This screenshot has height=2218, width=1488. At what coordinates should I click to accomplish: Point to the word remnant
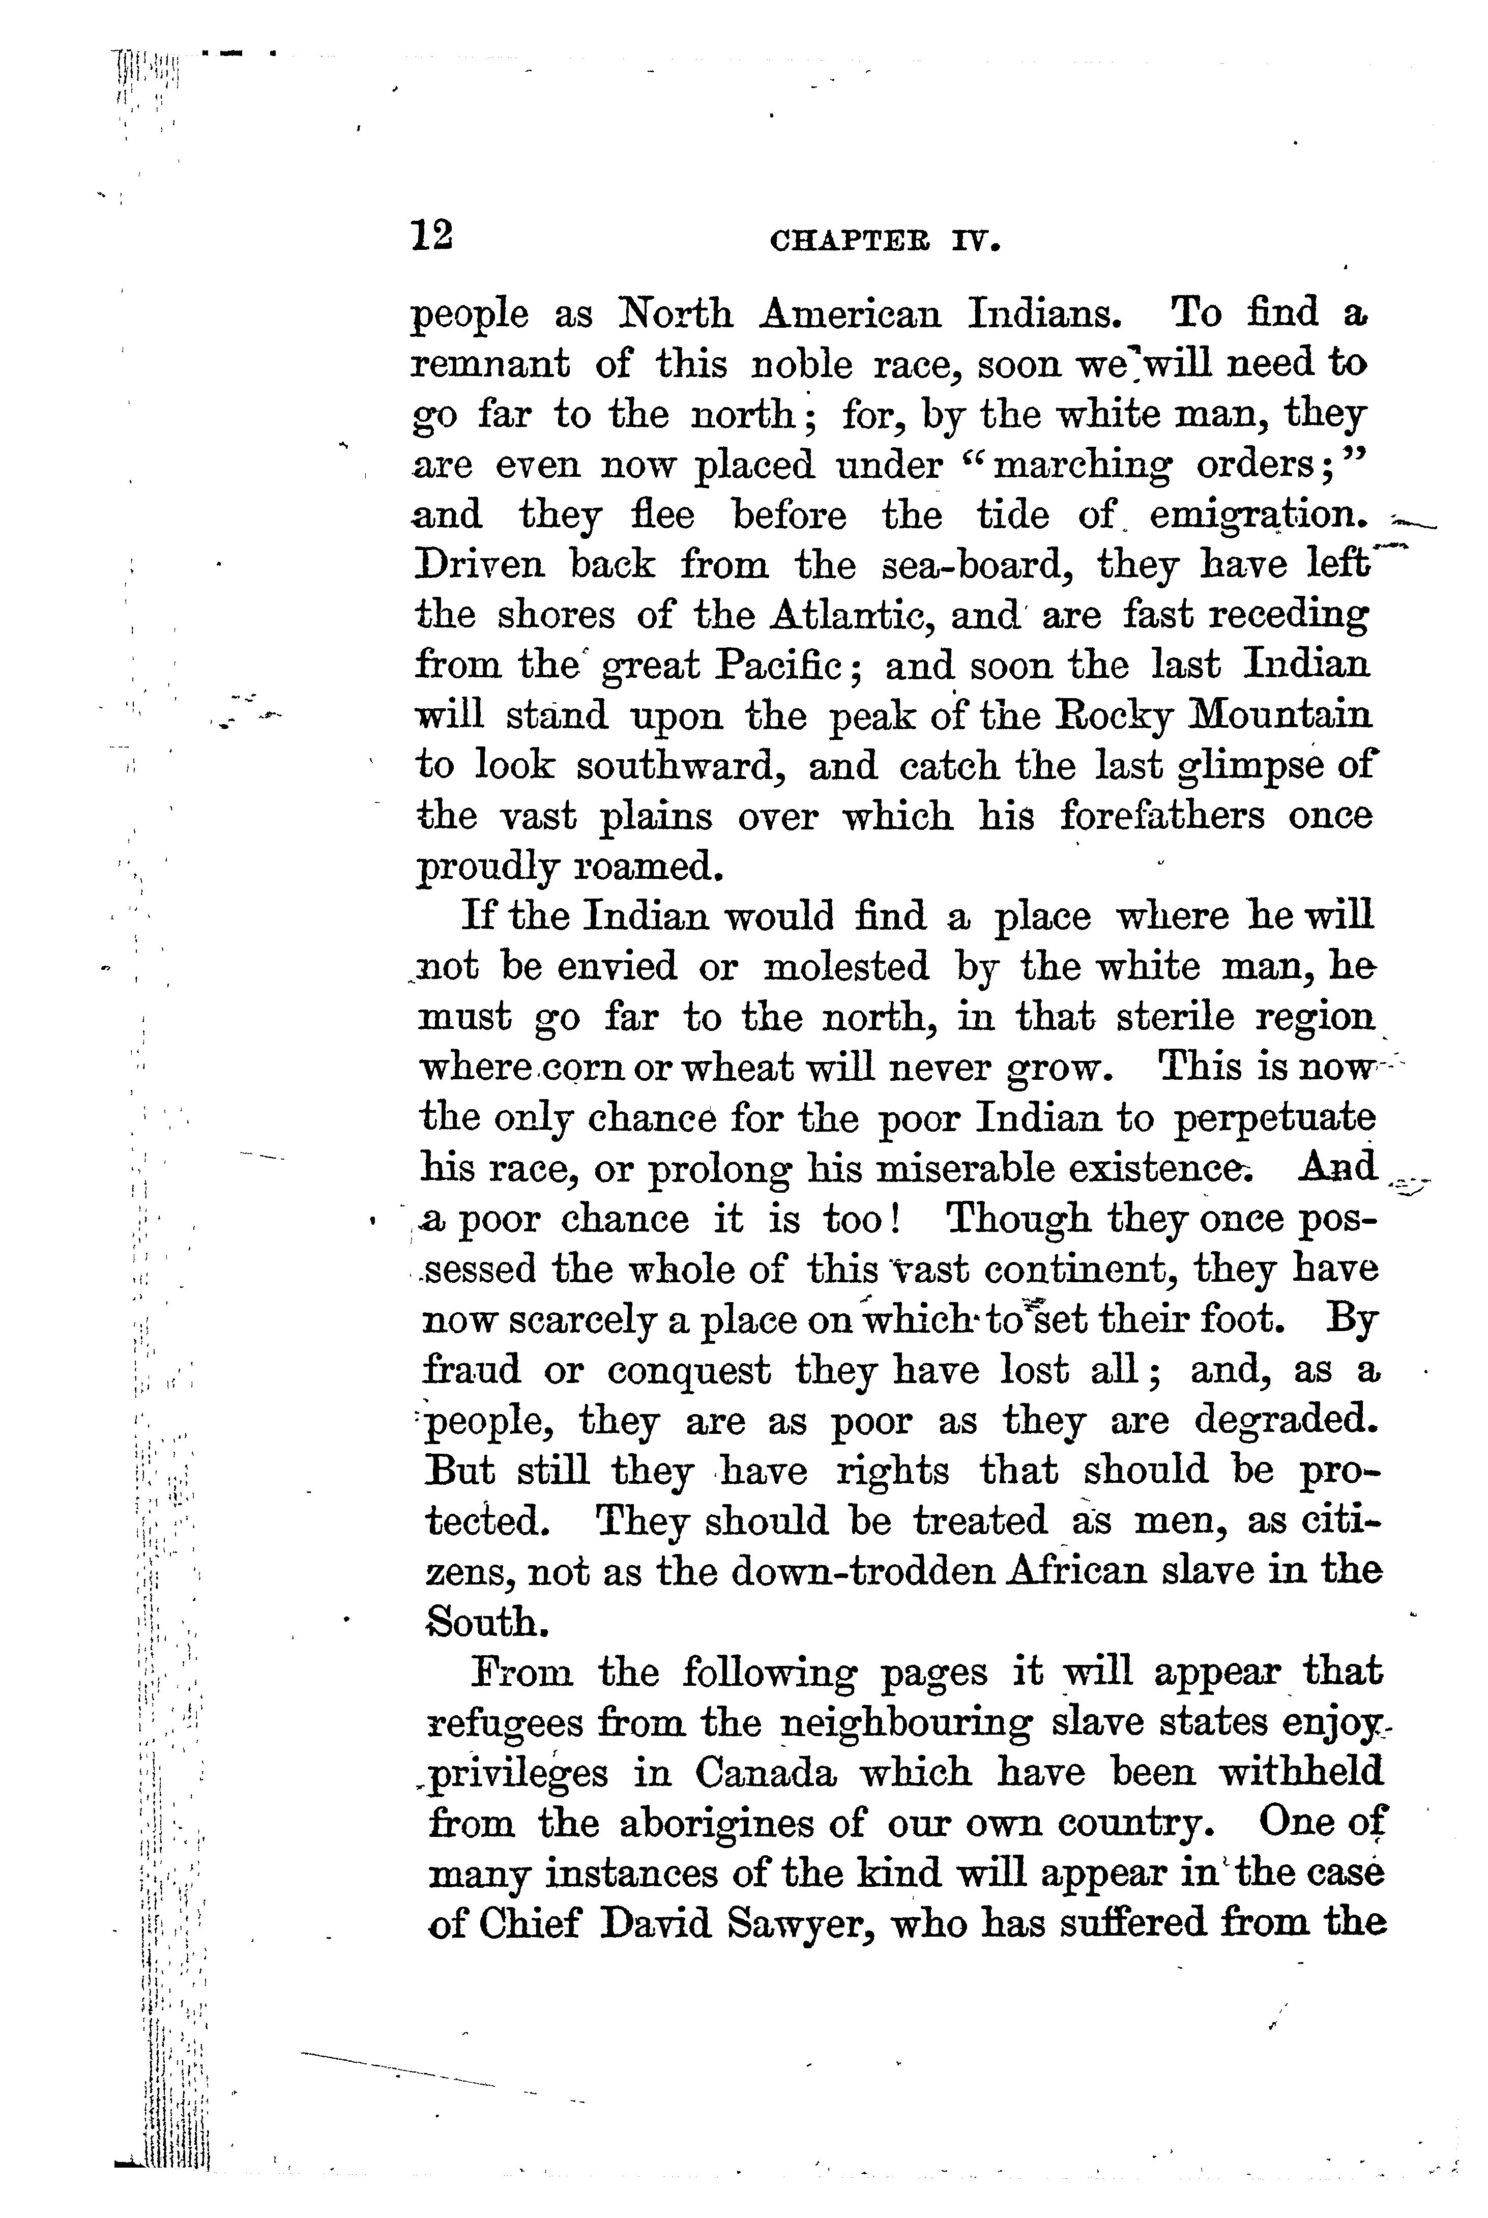click(x=490, y=363)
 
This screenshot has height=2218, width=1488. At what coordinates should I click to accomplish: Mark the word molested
click(x=845, y=967)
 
